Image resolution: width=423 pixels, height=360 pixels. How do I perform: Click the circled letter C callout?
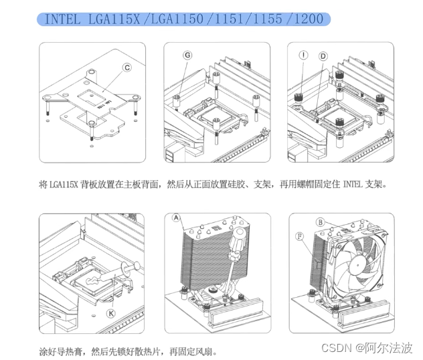coord(126,68)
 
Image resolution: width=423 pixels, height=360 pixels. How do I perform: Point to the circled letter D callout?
coord(323,56)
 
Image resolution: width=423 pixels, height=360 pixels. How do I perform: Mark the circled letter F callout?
coord(299,236)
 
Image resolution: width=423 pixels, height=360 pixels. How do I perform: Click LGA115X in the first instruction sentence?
coord(66,183)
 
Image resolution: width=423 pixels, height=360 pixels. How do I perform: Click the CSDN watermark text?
coord(337,348)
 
